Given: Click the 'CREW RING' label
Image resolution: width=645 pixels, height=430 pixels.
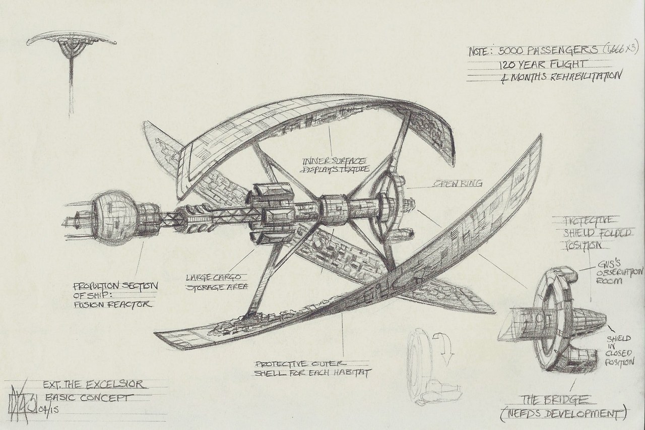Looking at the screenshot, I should [453, 185].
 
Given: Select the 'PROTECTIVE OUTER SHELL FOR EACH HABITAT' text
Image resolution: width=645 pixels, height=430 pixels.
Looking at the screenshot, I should [312, 368].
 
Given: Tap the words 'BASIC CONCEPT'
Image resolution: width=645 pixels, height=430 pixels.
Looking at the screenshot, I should [89, 397].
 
